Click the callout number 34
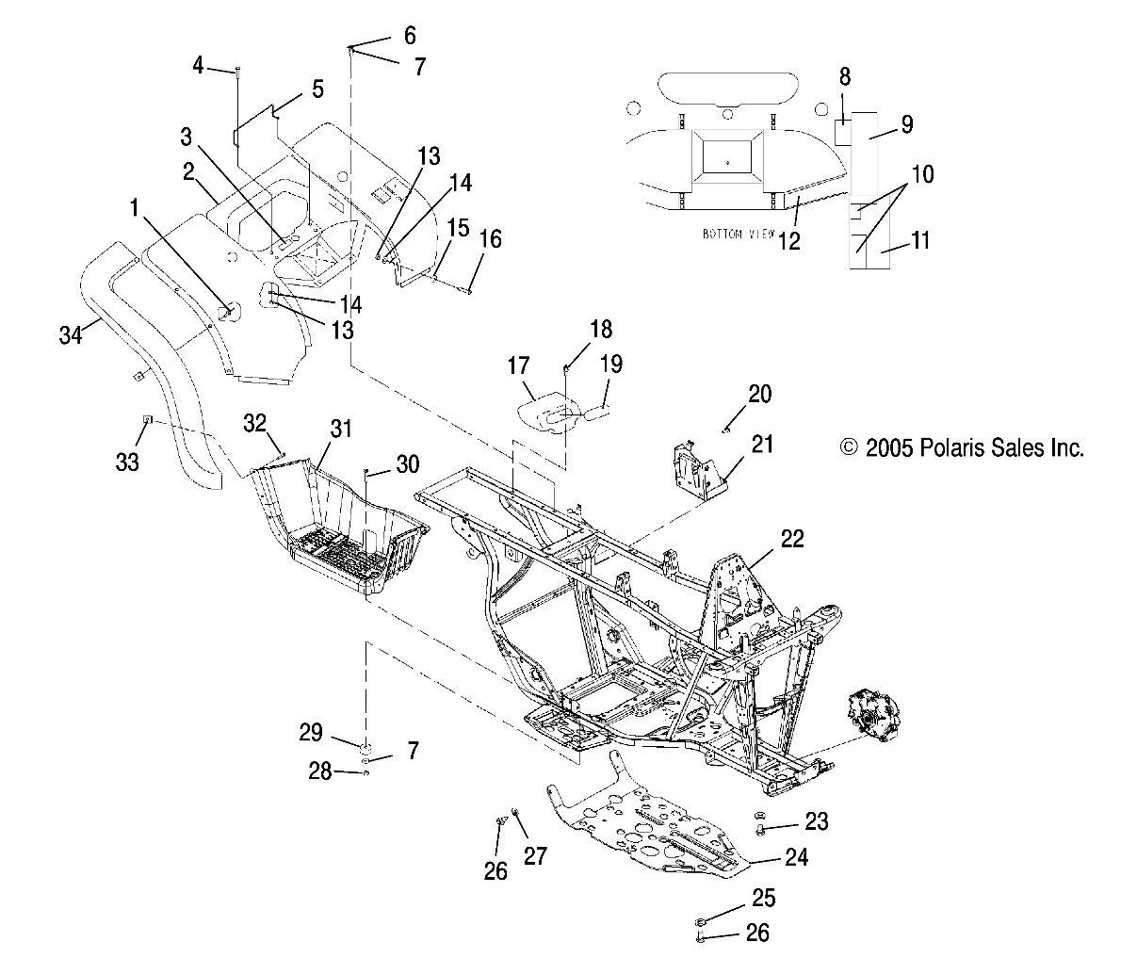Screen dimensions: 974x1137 (x=70, y=333)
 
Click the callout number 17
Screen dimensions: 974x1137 (x=518, y=365)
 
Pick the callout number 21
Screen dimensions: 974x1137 (x=762, y=444)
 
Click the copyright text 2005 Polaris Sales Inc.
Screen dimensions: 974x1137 (x=962, y=447)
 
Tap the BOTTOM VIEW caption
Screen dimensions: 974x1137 (x=739, y=233)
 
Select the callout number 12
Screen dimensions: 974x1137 (x=788, y=240)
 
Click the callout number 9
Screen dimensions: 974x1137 (x=906, y=123)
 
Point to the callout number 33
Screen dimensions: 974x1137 (x=127, y=461)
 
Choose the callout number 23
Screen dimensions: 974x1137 (x=816, y=821)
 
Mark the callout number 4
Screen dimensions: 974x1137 (x=198, y=65)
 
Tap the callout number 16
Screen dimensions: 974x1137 (x=490, y=238)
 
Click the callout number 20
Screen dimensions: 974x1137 (x=759, y=394)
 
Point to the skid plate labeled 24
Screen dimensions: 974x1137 (x=650, y=820)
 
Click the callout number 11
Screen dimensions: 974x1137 (x=919, y=240)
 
